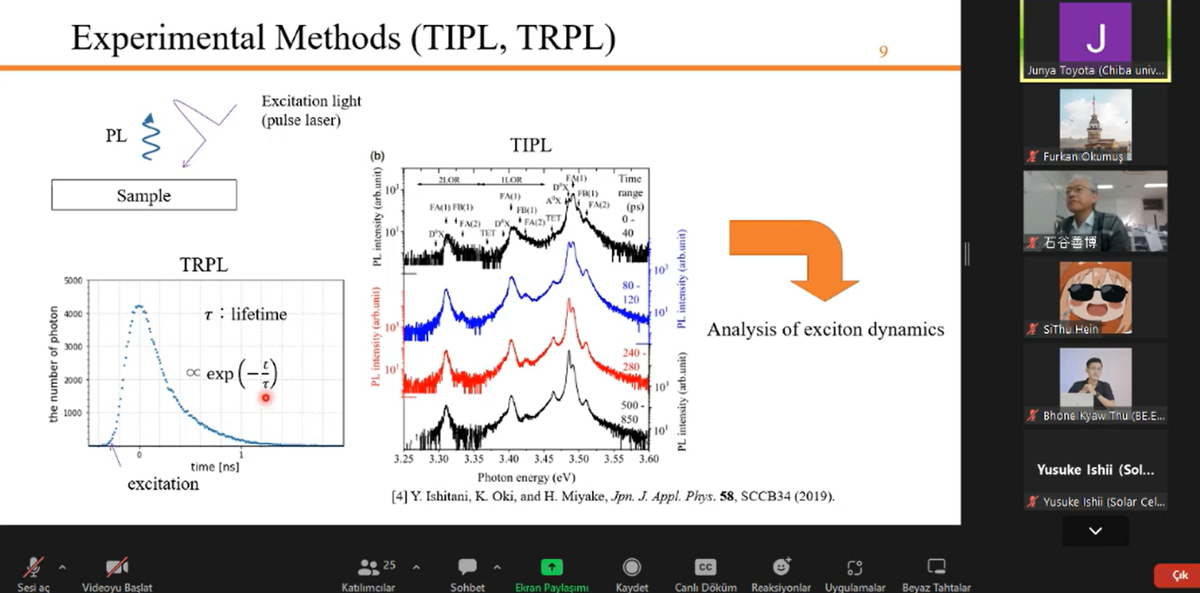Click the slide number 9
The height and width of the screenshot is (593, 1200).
pos(883,52)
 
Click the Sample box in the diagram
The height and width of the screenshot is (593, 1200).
pos(144,195)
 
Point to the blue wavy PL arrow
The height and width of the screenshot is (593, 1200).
pos(150,138)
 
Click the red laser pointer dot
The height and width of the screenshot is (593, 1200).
pos(266,398)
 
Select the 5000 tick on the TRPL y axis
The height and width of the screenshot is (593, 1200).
pos(73,281)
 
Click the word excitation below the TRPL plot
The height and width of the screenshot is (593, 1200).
pos(163,484)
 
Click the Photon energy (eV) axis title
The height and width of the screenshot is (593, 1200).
pos(526,477)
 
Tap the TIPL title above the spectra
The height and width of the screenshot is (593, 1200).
pos(531,146)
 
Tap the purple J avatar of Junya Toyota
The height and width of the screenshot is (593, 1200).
pos(1095,35)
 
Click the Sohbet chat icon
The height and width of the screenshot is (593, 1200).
pos(467,567)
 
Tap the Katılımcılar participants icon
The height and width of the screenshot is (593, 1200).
pos(368,567)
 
